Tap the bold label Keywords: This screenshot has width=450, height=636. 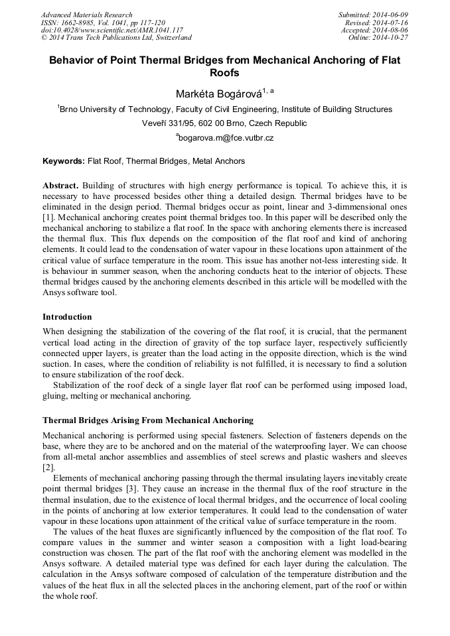point(64,161)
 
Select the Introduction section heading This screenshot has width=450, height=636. point(67,317)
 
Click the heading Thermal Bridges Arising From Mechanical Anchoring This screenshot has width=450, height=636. point(147,420)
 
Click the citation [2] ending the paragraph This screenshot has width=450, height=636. point(48,467)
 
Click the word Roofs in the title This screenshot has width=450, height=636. point(224,73)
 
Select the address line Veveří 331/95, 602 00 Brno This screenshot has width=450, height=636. point(224,123)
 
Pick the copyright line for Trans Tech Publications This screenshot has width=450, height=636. point(116,38)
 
